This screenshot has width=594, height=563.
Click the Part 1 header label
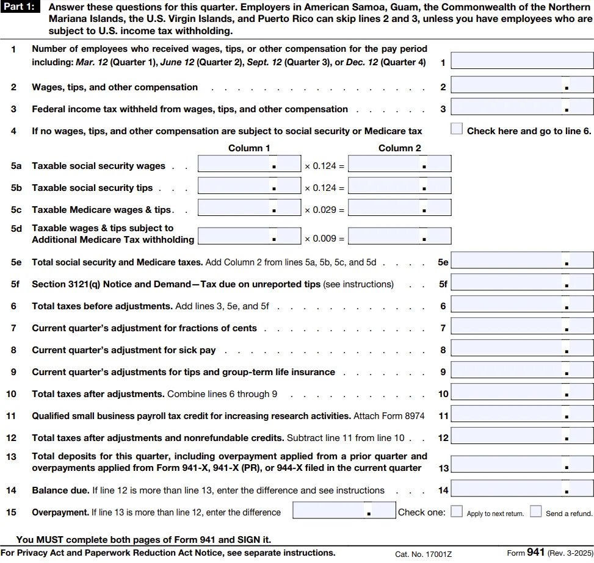click(x=21, y=8)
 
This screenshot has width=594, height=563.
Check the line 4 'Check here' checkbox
click(x=457, y=129)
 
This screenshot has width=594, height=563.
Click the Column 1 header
click(x=249, y=148)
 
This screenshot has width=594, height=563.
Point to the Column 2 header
click(x=399, y=148)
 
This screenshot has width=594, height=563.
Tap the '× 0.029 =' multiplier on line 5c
click(x=324, y=210)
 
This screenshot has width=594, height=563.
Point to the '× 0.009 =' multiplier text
click(x=324, y=239)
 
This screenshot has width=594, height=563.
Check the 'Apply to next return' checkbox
click(x=457, y=511)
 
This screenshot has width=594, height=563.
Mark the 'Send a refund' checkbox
click(x=536, y=511)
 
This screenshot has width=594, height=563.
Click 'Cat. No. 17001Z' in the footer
click(x=424, y=554)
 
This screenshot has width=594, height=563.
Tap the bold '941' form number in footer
click(x=535, y=553)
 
